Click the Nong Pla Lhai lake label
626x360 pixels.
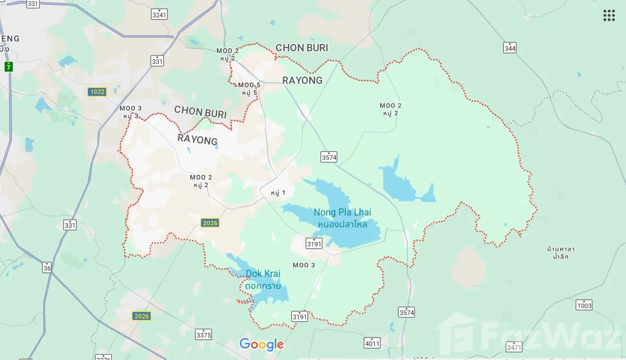[342, 218]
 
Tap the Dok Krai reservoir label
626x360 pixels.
[263, 280]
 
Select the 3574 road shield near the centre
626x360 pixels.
[329, 157]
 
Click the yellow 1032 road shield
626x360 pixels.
[97, 92]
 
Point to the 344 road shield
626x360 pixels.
[510, 48]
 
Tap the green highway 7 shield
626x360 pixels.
[8, 66]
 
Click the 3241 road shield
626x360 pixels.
[159, 14]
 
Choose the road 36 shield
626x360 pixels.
[47, 267]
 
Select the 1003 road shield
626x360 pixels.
[584, 305]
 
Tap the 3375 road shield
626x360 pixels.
[203, 335]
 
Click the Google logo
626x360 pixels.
[262, 344]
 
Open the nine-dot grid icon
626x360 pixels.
[609, 16]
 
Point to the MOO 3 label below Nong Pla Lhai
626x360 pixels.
[304, 265]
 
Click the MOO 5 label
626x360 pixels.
[249, 89]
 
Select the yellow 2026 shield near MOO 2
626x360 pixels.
[210, 223]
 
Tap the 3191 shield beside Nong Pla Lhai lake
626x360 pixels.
[314, 243]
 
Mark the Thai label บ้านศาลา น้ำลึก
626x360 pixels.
[560, 252]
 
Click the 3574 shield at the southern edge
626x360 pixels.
[406, 312]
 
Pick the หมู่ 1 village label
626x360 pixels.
[278, 193]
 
